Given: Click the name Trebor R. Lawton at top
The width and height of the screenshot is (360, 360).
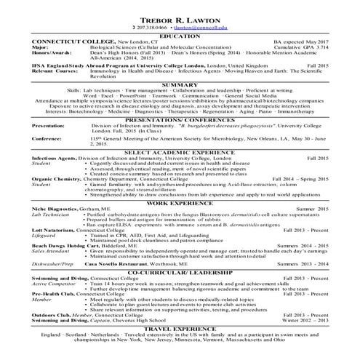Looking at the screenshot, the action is coord(180,17).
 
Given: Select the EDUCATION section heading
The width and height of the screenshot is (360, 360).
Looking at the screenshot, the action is coord(180,35).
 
